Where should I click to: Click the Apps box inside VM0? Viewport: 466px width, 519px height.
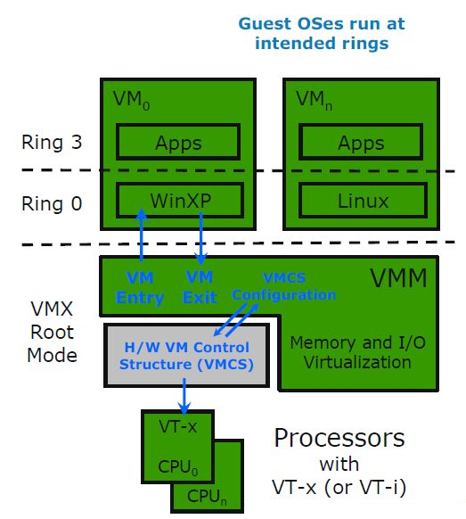tap(178, 142)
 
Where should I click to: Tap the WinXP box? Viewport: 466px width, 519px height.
tap(178, 200)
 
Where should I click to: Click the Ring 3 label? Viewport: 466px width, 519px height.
tap(52, 143)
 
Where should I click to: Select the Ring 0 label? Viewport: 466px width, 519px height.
tap(52, 203)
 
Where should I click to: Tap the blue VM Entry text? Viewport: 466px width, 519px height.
tap(140, 287)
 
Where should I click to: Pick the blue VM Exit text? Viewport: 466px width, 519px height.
tap(200, 287)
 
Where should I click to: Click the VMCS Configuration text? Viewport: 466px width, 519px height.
tap(283, 286)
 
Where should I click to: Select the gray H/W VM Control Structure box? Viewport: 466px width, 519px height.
tap(186, 355)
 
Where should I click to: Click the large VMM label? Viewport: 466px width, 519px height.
tap(397, 278)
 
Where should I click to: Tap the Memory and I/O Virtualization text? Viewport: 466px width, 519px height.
tap(351, 352)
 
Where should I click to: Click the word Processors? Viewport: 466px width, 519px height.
tap(339, 439)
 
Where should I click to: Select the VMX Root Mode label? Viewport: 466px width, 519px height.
tap(52, 334)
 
